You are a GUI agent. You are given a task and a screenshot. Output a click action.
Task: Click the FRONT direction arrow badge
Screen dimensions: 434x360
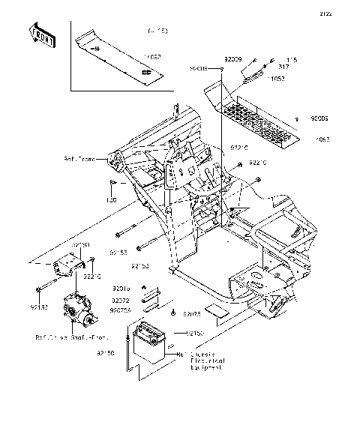pyautogui.click(x=43, y=34)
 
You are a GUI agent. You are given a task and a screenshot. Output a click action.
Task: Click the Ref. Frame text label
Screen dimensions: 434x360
pyautogui.click(x=99, y=160)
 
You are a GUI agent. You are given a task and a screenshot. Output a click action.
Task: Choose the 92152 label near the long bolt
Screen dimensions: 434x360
pyautogui.click(x=39, y=307)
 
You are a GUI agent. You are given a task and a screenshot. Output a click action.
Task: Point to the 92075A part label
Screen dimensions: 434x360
pyautogui.click(x=121, y=309)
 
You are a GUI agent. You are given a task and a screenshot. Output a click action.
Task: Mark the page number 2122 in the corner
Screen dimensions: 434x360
pyautogui.click(x=346, y=13)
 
